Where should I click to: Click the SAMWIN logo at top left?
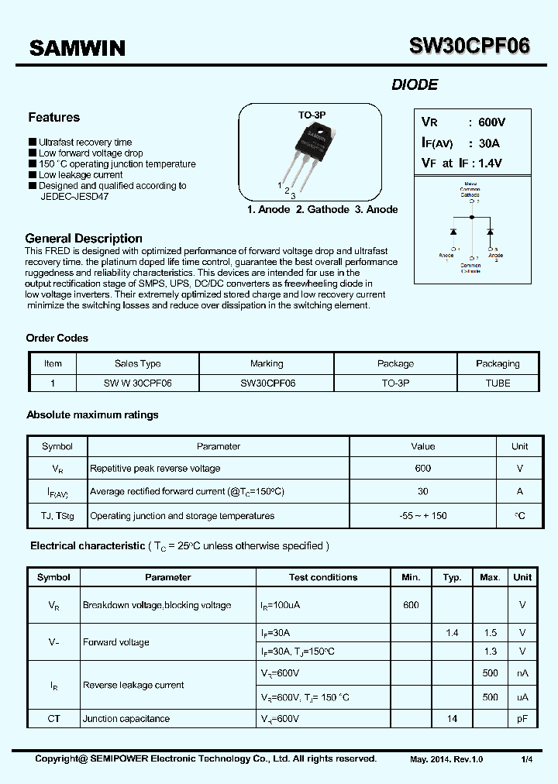[x=77, y=48]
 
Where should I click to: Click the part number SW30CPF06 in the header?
[x=470, y=46]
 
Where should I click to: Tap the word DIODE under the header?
[x=415, y=85]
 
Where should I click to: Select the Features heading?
[x=53, y=118]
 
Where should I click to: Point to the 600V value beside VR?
[x=491, y=122]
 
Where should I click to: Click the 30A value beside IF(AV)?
[x=489, y=143]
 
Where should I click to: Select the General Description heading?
[x=84, y=239]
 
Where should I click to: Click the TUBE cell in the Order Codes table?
[x=498, y=383]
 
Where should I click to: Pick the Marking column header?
[x=267, y=363]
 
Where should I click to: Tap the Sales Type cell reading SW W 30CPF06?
[x=137, y=383]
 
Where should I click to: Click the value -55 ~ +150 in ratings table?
[x=422, y=516]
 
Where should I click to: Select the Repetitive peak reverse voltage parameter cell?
[x=155, y=469]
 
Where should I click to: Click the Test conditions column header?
[x=323, y=577]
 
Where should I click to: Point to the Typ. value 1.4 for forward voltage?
[x=452, y=633]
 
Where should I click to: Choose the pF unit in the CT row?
[x=522, y=719]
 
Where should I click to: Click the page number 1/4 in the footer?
[x=527, y=759]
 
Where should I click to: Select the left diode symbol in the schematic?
[x=453, y=232]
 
